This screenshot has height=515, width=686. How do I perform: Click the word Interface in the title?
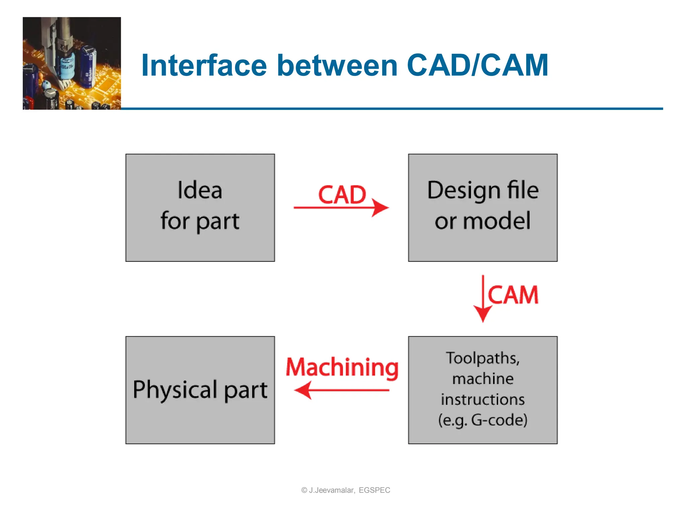click(x=204, y=65)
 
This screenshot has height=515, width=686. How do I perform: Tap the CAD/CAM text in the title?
click(x=477, y=65)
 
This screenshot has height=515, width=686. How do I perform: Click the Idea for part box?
click(x=200, y=208)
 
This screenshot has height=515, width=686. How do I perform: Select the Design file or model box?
click(x=483, y=208)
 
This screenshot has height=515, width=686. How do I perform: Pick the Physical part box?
click(x=200, y=390)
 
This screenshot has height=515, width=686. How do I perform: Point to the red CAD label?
click(x=342, y=195)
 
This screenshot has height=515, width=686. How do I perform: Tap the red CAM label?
click(x=513, y=295)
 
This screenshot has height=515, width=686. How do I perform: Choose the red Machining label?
click(x=342, y=367)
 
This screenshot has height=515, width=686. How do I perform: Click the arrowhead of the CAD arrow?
click(x=381, y=208)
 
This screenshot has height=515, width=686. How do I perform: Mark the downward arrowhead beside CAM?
click(x=482, y=314)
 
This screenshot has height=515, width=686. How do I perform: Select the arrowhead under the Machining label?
click(x=303, y=390)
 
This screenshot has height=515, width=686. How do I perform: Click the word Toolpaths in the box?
click(x=482, y=358)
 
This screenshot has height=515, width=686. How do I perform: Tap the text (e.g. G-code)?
click(x=483, y=420)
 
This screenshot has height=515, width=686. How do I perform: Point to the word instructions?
click(x=483, y=400)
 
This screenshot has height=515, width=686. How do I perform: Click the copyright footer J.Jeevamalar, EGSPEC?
click(x=346, y=490)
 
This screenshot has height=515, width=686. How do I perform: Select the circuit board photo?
click(x=72, y=63)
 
